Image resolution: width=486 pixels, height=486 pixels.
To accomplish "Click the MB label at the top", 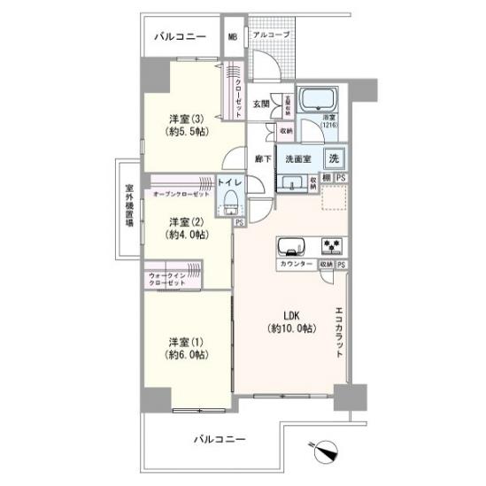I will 233,37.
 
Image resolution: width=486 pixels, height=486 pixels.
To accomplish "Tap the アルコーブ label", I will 269,35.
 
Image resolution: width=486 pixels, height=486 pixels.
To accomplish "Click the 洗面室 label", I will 299,159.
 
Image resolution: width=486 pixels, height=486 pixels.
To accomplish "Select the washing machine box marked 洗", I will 334,159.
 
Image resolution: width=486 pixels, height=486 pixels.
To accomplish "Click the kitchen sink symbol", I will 291,246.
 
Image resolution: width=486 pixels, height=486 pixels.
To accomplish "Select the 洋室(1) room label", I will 184,347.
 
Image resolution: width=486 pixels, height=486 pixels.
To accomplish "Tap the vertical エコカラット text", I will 339,331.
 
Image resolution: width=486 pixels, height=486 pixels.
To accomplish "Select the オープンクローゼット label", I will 181,193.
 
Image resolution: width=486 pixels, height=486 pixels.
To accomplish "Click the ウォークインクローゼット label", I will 168,279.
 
